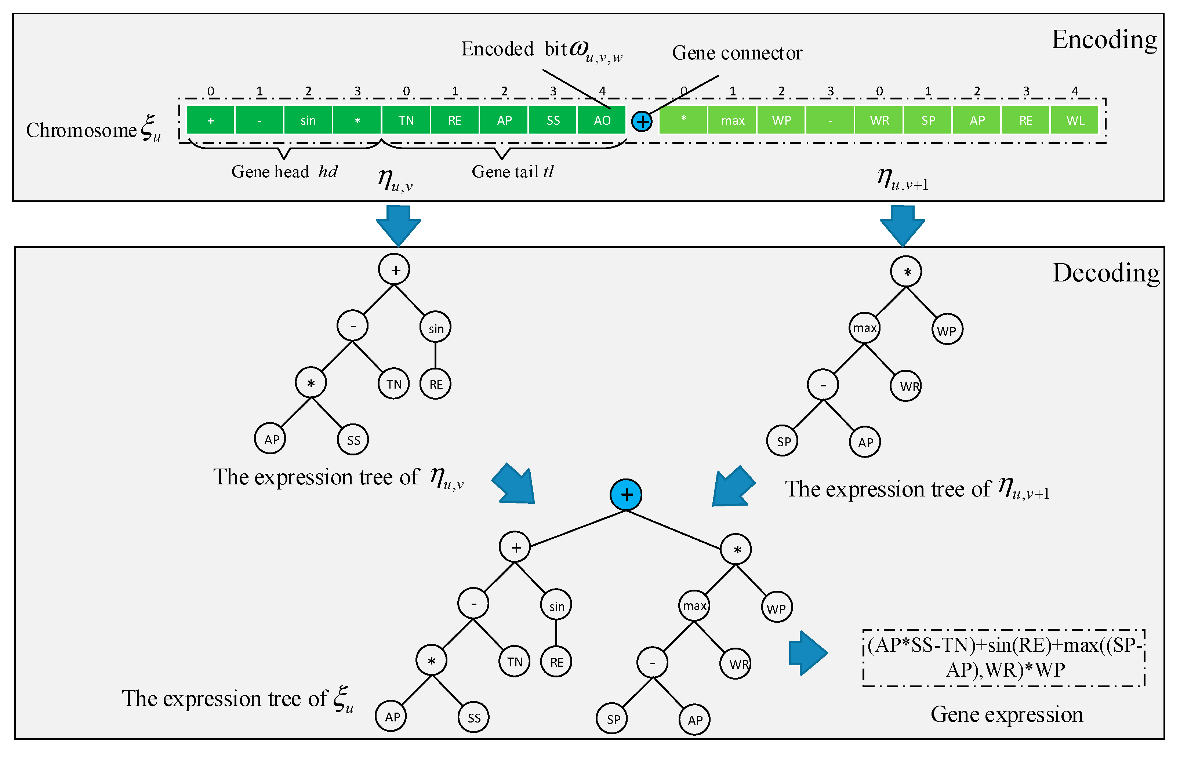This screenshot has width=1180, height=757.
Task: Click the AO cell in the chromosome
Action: pyautogui.click(x=602, y=120)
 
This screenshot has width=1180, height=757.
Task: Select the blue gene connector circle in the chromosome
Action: pyautogui.click(x=642, y=121)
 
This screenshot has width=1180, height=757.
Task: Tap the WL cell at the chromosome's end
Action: pyautogui.click(x=1075, y=120)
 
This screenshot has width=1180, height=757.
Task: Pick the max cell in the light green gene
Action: pyautogui.click(x=732, y=120)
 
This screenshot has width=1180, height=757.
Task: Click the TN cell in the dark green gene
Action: pyautogui.click(x=406, y=120)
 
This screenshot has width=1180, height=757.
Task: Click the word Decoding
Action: pyautogui.click(x=1106, y=273)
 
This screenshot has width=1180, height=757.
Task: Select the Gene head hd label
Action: pyautogui.click(x=284, y=172)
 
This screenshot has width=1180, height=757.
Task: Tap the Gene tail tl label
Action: pyautogui.click(x=512, y=172)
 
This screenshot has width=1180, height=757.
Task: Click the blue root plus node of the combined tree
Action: pyautogui.click(x=625, y=495)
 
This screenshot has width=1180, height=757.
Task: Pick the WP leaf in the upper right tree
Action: pyautogui.click(x=947, y=330)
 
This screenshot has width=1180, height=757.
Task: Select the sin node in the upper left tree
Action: pyautogui.click(x=436, y=328)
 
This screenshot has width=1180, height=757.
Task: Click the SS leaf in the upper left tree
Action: pyautogui.click(x=353, y=440)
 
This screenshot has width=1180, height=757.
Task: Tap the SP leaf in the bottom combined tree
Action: pyautogui.click(x=613, y=719)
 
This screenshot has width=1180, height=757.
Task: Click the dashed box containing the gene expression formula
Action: pyautogui.click(x=1004, y=658)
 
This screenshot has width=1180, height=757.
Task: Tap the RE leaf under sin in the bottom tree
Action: pyautogui.click(x=556, y=662)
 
